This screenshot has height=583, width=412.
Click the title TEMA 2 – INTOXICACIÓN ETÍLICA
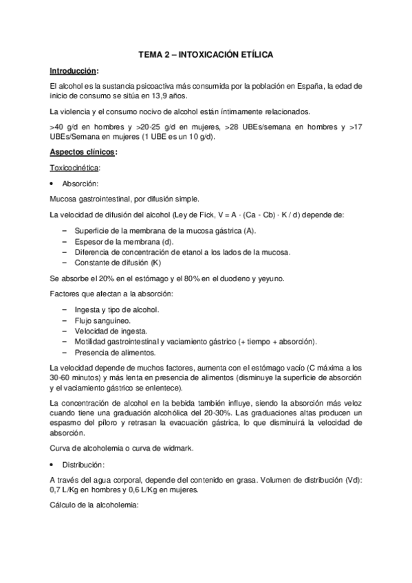206,54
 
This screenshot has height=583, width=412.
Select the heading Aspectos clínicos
83,152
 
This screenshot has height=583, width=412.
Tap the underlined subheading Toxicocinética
75,168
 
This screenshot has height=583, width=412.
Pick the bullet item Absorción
81,184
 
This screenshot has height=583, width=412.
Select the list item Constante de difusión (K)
111,263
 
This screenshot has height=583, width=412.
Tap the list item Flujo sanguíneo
96,320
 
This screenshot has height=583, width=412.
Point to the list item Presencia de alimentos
107,351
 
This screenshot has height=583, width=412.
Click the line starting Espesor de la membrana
118,241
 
